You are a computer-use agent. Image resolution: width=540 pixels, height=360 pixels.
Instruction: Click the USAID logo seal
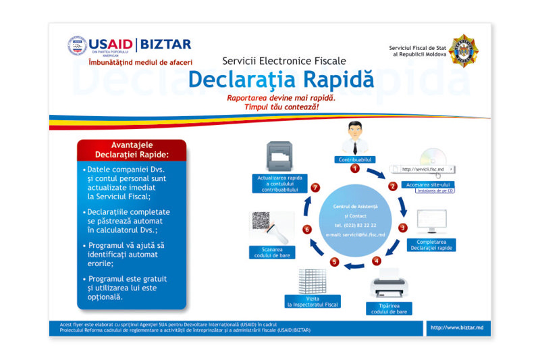pyautogui.click(x=78, y=46)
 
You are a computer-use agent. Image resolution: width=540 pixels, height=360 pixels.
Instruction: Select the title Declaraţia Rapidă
pyautogui.click(x=281, y=78)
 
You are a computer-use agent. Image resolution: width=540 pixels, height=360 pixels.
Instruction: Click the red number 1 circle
pyautogui.click(x=354, y=168)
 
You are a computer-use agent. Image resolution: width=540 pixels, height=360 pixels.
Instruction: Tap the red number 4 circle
pyautogui.click(x=377, y=261)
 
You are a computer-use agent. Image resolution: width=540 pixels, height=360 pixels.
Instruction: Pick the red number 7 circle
pyautogui.click(x=315, y=187)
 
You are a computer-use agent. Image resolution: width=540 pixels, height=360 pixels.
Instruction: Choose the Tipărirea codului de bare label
pyautogui.click(x=388, y=309)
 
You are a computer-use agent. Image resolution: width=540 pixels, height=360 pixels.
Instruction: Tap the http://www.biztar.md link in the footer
pyautogui.click(x=457, y=328)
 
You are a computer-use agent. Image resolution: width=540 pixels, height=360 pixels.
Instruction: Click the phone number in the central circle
pyautogui.click(x=355, y=225)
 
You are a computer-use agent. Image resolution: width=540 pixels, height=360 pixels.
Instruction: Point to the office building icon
pyautogui.click(x=312, y=280)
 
